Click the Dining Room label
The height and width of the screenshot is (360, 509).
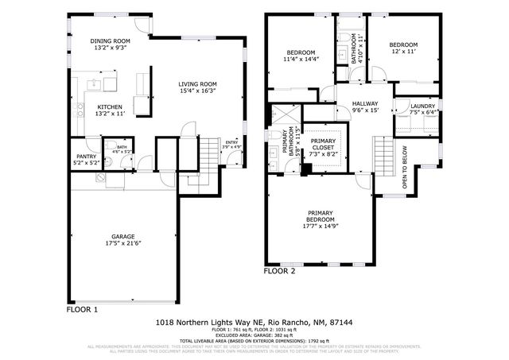(109, 41)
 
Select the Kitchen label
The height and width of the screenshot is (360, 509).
(109, 106)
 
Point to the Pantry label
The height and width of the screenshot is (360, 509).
(85, 157)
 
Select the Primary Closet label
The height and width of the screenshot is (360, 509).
(323, 141)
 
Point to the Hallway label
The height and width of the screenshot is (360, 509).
(366, 103)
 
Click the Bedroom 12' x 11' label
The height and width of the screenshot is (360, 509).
(402, 45)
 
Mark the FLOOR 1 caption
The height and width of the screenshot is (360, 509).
(82, 309)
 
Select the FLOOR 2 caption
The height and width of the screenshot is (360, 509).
(279, 271)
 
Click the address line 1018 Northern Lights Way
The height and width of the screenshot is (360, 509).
(254, 323)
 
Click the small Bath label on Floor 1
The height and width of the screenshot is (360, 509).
(122, 146)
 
